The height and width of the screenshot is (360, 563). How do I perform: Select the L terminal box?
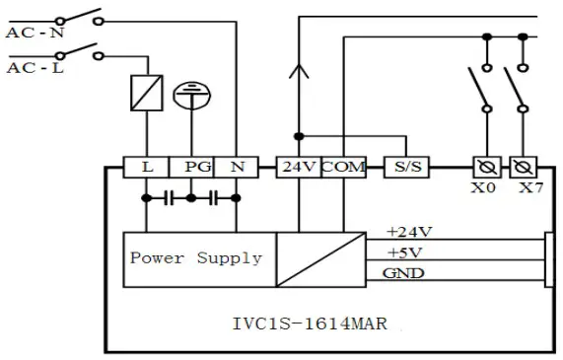[x=147, y=168]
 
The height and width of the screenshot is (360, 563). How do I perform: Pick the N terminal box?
[x=237, y=168]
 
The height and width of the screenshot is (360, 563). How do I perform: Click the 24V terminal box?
[x=296, y=168]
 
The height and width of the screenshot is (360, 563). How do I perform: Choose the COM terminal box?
[x=342, y=168]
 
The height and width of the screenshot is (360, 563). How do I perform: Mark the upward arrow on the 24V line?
[x=296, y=71]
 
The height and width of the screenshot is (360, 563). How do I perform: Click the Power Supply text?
[x=196, y=258]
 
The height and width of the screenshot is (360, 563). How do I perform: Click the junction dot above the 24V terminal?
[x=297, y=135]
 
